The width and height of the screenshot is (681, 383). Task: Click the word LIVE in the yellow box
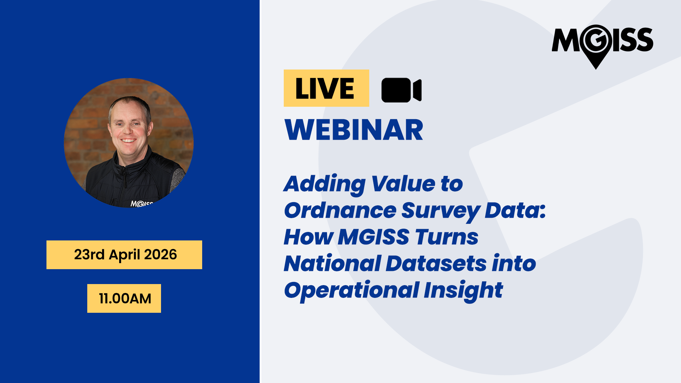click(x=325, y=88)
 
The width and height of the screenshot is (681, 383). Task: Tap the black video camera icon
click(x=401, y=90)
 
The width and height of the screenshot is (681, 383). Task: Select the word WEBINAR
click(x=354, y=130)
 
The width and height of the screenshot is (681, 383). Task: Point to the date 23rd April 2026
click(x=125, y=255)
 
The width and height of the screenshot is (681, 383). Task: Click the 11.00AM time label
click(x=125, y=299)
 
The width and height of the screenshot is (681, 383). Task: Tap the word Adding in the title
click(x=325, y=184)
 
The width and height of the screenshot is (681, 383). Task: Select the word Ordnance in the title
click(x=340, y=210)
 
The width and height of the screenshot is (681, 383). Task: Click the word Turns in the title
click(x=447, y=237)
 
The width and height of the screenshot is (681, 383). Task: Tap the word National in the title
click(x=333, y=263)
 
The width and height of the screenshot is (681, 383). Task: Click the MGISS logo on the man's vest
click(x=142, y=204)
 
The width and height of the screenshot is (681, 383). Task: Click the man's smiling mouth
click(x=128, y=141)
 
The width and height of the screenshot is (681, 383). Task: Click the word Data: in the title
click(x=515, y=210)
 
